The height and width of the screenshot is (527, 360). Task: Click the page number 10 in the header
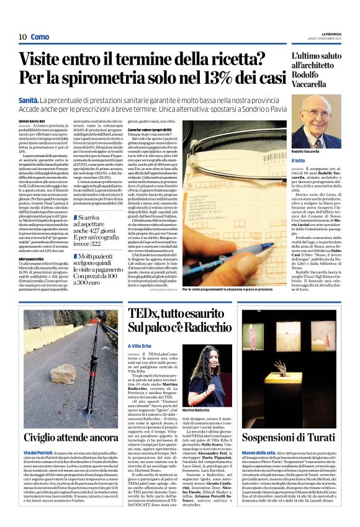coord(22,37)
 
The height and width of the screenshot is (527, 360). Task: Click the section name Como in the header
coord(40,37)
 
